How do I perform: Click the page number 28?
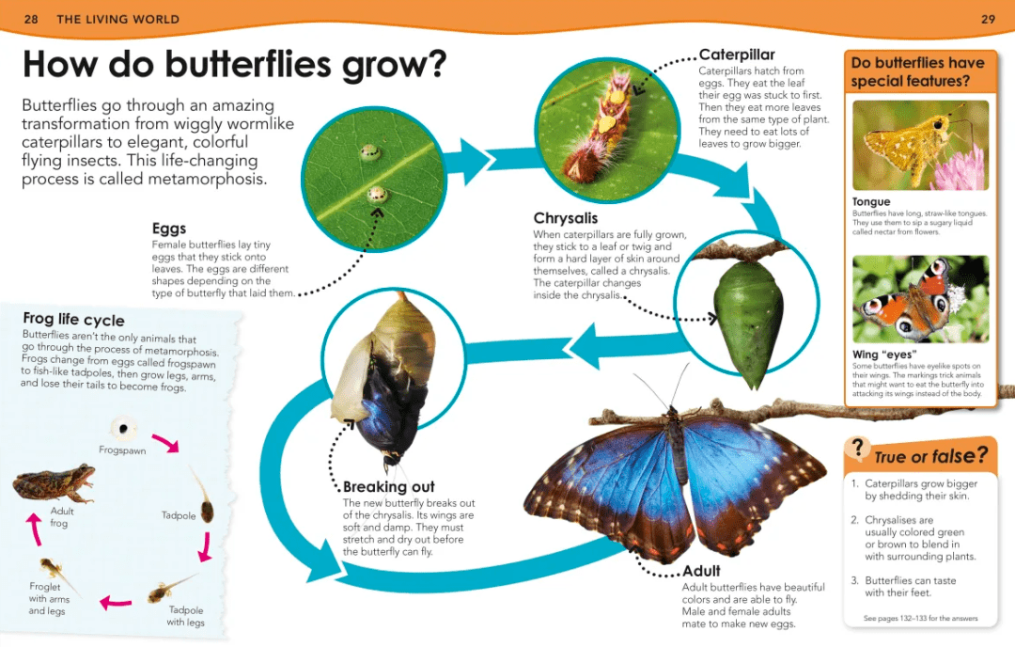pos(31,20)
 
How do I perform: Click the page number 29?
pos(988,20)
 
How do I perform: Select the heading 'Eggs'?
pos(169,229)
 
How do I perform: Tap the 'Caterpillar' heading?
pos(737,55)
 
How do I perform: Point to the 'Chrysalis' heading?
pos(565,218)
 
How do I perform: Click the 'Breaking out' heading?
pos(388,486)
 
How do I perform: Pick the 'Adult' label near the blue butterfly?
pos(701,571)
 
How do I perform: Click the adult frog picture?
pos(54,483)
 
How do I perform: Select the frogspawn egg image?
pos(123,428)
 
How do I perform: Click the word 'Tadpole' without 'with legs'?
pos(179,515)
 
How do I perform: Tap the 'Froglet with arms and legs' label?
pos(49,598)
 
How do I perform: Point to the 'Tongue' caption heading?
pos(870,201)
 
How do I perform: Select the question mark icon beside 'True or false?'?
pos(858,448)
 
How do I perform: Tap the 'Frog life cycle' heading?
pos(74,320)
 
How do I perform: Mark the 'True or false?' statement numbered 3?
pos(904,587)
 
